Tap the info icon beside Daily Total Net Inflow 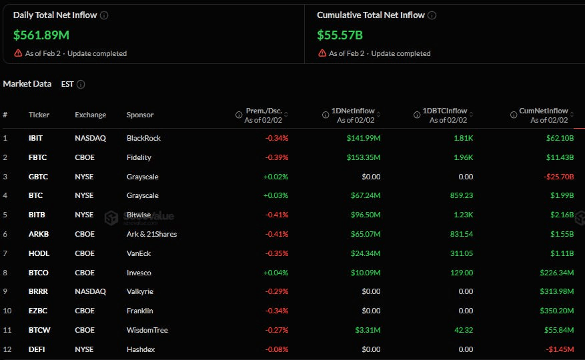[104, 15]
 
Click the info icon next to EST [81, 85]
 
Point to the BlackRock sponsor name [143, 138]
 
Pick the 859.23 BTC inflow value [458, 195]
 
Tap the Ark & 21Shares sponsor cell [151, 234]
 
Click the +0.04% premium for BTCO [275, 273]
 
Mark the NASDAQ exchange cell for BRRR [90, 291]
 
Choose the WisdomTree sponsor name [147, 330]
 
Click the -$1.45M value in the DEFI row [557, 349]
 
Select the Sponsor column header [140, 115]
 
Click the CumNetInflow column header [544, 111]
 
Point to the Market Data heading [27, 84]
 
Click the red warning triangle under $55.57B [322, 53]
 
